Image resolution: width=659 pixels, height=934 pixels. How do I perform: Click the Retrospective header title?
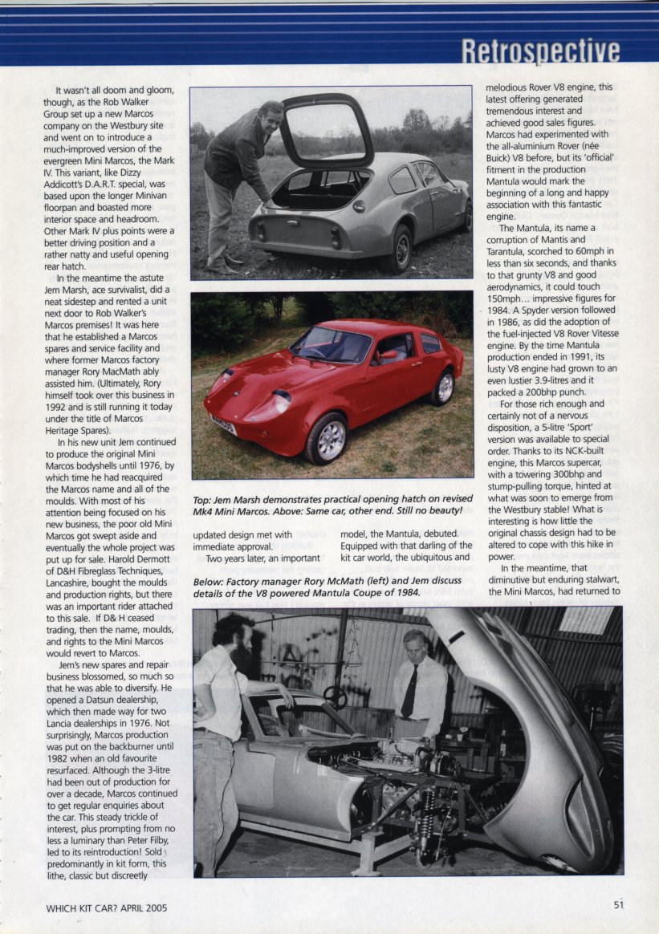click(540, 51)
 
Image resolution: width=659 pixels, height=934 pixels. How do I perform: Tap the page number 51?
click(618, 904)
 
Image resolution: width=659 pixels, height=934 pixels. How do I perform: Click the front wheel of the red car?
click(327, 439)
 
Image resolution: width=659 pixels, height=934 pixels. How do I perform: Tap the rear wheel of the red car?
click(442, 388)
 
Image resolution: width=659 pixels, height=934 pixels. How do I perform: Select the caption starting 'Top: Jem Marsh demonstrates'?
click(332, 509)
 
